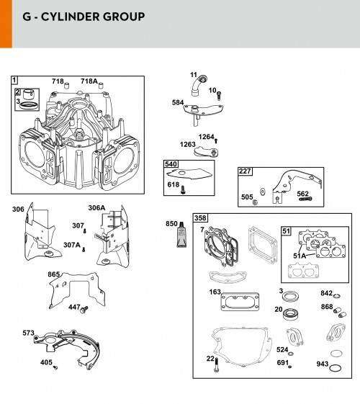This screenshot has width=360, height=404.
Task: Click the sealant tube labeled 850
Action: click(181, 234)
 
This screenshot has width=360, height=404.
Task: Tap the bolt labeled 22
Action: click(216, 364)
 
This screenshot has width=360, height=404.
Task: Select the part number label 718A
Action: click(89, 81)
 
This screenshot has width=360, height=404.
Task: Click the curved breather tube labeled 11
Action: click(199, 86)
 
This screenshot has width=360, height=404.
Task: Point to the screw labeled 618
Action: click(183, 189)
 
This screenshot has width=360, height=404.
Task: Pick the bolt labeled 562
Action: click(306, 199)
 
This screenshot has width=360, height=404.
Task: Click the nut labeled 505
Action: click(255, 202)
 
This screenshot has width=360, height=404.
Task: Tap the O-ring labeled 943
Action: click(336, 368)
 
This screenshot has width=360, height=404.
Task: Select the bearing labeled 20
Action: click(291, 315)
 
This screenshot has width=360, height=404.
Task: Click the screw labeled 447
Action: click(84, 310)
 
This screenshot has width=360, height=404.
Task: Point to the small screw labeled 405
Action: click(55, 367)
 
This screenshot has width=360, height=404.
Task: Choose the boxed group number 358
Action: click(200, 218)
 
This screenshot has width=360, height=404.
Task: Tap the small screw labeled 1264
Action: click(216, 140)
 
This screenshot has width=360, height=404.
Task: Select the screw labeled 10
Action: click(219, 96)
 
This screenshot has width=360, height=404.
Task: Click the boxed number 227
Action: click(245, 171)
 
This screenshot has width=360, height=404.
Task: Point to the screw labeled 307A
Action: click(84, 249)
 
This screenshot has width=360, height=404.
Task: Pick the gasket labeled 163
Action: click(240, 302)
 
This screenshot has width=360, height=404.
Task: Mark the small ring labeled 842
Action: click(337, 296)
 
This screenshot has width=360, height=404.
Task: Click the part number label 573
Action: click(28, 333)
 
